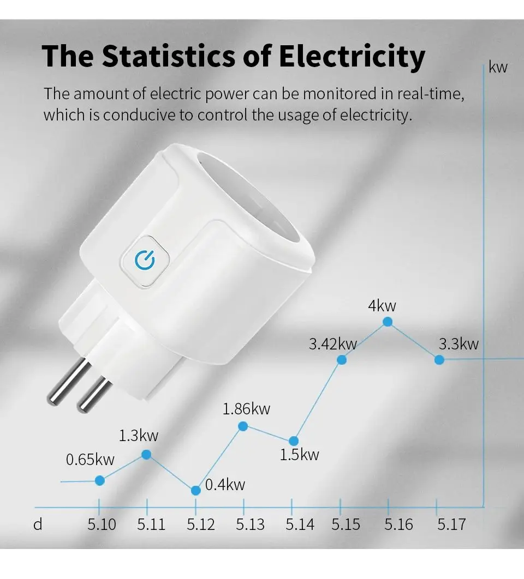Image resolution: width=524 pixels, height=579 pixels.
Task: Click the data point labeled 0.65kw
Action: [x=99, y=480]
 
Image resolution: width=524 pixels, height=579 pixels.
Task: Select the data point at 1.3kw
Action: [x=146, y=454]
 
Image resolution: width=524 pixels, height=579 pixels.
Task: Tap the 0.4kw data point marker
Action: [x=195, y=490]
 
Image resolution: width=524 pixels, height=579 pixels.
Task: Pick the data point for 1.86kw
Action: [x=243, y=426]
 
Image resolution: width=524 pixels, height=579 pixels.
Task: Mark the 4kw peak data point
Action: [x=388, y=322]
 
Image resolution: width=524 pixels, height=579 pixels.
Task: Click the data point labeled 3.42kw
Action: [x=342, y=359]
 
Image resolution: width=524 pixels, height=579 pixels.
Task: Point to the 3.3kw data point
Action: [x=439, y=359]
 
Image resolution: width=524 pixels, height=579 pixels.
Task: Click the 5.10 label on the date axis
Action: [x=102, y=524]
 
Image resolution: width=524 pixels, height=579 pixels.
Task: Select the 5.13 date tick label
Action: [x=250, y=524]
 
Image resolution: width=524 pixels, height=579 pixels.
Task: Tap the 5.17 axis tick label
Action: [x=451, y=524]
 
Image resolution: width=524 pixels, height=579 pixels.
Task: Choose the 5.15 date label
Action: [x=346, y=524]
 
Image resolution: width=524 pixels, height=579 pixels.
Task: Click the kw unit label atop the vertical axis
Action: [x=498, y=68]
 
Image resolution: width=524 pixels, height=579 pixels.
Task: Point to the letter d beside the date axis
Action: [x=38, y=524]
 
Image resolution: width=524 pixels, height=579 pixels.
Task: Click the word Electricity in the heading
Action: [x=352, y=56]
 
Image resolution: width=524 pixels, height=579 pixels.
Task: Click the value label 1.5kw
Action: [x=299, y=455]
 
